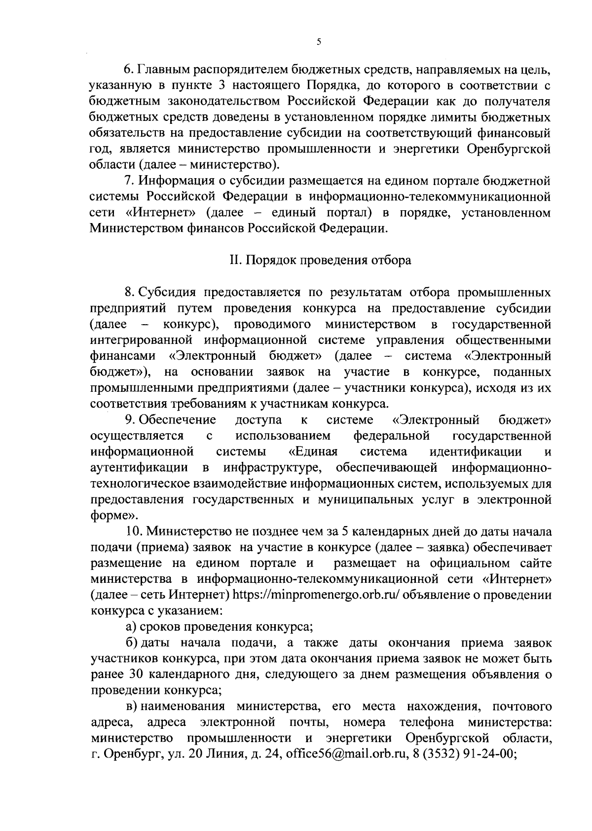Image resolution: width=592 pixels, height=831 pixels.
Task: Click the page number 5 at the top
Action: [x=319, y=42]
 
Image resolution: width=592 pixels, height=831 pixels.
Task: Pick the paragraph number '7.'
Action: [x=131, y=181]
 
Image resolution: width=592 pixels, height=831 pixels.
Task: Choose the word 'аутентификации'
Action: [x=139, y=467]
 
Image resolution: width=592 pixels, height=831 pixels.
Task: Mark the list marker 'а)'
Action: [x=130, y=627]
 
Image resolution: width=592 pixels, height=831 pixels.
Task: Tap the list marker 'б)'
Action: [x=131, y=642]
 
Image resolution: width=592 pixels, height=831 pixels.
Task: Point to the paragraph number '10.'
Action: [x=134, y=531]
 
